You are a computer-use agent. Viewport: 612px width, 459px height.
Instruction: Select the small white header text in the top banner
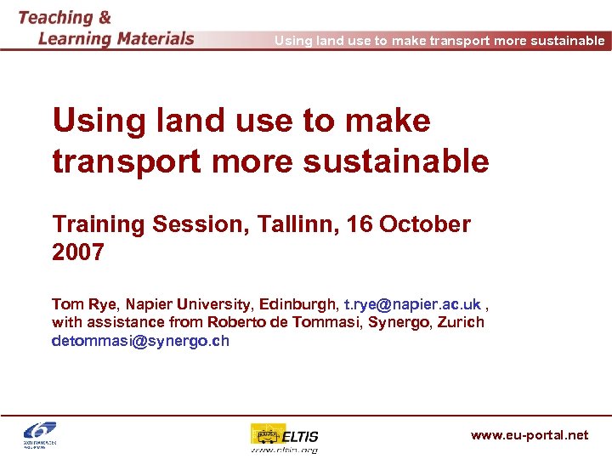[x=439, y=41]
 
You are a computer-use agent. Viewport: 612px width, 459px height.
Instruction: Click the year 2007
[x=78, y=252]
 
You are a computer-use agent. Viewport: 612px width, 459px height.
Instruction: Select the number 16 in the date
[x=358, y=224]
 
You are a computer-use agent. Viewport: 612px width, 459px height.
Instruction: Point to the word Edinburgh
[x=297, y=304]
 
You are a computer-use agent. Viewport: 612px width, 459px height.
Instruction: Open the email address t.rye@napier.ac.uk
[x=412, y=304]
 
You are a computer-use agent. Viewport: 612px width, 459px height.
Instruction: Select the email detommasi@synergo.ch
[x=140, y=341]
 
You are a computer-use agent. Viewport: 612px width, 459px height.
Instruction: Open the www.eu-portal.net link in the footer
[x=529, y=435]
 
